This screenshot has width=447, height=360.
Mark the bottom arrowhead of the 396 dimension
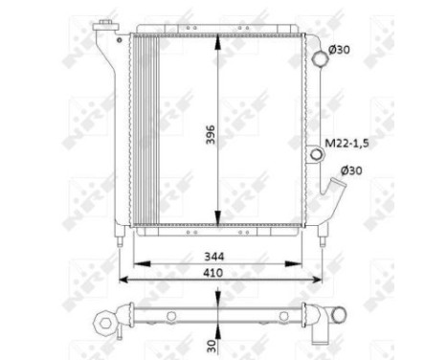point(220,217)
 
